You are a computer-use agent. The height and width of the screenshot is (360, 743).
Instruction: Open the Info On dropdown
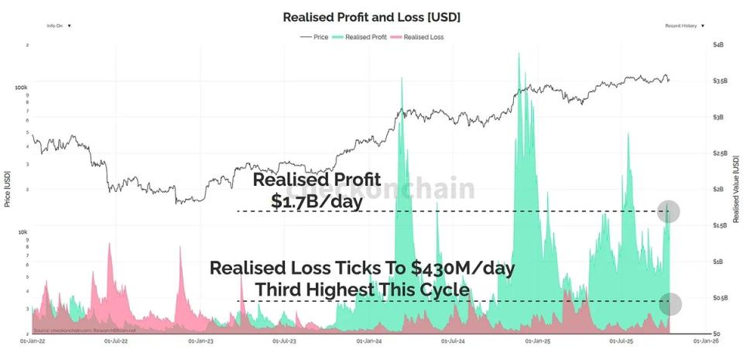[59, 26]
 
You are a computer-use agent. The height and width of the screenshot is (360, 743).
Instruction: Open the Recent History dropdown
[684, 26]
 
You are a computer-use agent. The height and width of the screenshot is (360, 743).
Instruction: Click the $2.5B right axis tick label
[719, 153]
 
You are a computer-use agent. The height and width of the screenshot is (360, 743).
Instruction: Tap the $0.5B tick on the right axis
[719, 297]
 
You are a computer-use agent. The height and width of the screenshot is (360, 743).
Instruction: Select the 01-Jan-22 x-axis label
[32, 340]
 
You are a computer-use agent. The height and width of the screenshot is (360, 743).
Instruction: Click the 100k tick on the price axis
[21, 87]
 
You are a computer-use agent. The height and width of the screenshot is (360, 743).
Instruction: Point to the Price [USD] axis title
[8, 188]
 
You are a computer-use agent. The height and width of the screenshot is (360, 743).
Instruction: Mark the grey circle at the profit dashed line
[669, 211]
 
